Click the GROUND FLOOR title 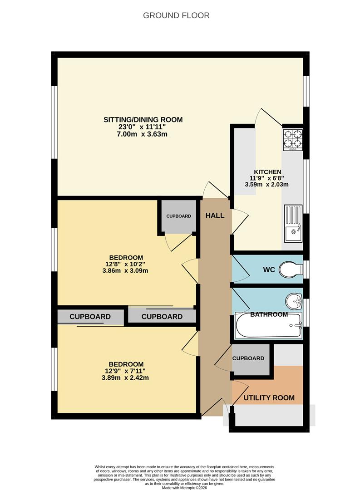176,15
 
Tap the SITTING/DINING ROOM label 143,120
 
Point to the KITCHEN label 267,171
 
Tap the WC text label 269,270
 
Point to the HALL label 215,216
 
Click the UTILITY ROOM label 269,398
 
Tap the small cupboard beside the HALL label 178,216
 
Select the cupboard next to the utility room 248,358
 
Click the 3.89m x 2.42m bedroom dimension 126,377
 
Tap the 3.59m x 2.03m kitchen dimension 267,185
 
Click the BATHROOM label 269,314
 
